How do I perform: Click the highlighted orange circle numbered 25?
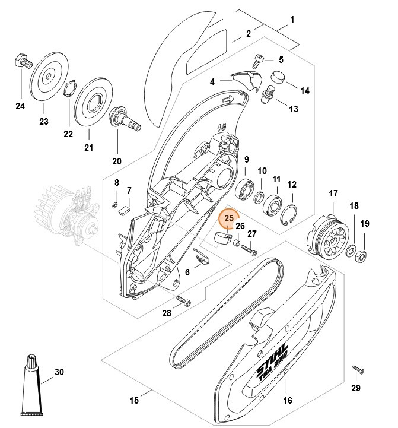(228, 219)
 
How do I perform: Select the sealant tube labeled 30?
(31, 385)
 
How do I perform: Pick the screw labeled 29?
(358, 369)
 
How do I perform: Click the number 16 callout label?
(287, 400)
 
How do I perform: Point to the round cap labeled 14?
(279, 77)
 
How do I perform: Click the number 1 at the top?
(291, 20)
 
